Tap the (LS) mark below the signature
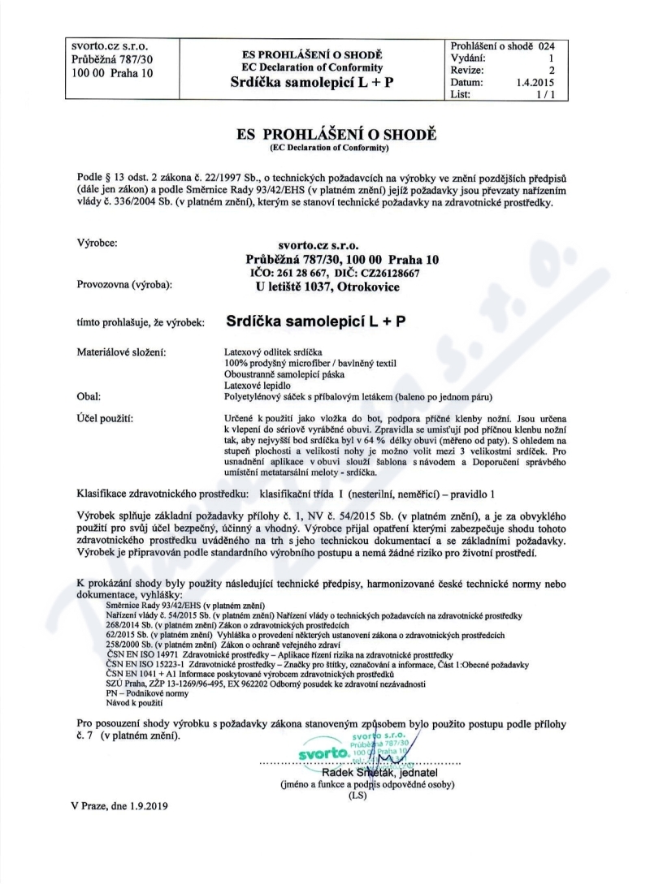tap(357, 796)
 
